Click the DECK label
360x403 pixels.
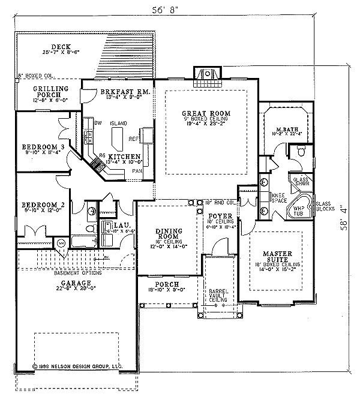coord(61,46)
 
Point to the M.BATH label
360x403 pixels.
coord(284,130)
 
